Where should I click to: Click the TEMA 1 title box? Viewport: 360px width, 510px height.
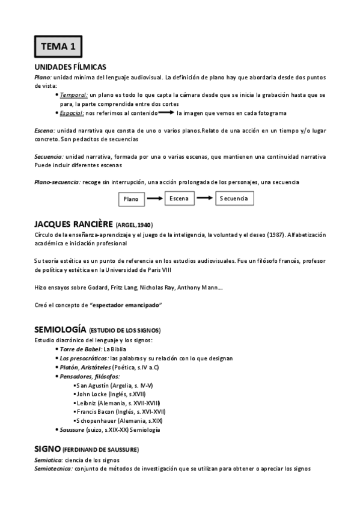point(58,46)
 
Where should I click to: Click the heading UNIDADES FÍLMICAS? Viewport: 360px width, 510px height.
point(70,67)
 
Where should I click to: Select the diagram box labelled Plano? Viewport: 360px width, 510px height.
point(130,198)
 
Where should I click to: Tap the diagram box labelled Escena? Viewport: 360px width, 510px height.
point(179,198)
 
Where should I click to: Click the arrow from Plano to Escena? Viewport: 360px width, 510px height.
point(154,198)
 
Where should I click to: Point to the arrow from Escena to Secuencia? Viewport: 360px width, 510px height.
point(205,198)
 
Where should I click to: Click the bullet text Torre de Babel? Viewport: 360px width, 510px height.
point(81,349)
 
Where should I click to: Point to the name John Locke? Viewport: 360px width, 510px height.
point(91,393)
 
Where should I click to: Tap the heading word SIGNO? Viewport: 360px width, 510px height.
point(47,448)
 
